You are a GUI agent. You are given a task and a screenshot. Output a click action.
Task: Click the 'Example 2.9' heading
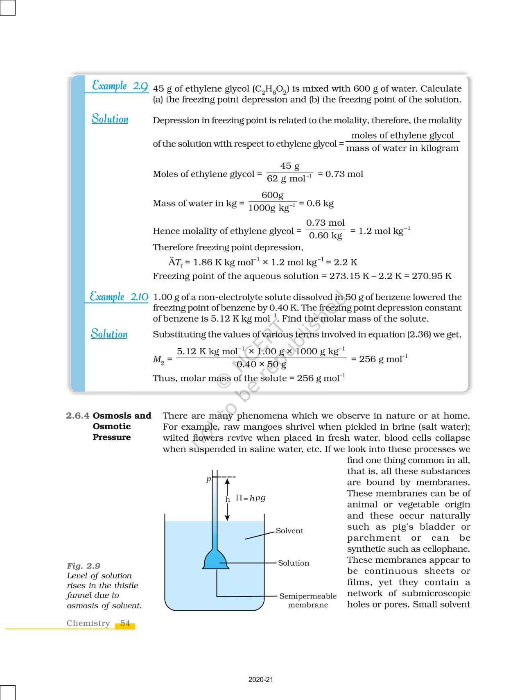(x=120, y=86)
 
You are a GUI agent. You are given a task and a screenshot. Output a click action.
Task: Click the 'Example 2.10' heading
(x=119, y=297)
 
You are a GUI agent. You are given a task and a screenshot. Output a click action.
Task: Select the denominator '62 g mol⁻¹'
(x=289, y=179)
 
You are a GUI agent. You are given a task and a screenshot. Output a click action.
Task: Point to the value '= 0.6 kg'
(x=316, y=203)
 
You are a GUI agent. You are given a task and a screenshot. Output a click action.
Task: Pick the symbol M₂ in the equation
(x=158, y=360)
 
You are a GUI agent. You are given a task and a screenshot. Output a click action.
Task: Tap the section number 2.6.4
(x=77, y=416)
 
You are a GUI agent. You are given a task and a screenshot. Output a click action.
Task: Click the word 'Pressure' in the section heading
(x=112, y=437)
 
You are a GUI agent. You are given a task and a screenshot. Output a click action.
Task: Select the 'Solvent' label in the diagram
(x=289, y=531)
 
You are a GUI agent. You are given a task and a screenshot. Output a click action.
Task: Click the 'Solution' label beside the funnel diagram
(x=294, y=563)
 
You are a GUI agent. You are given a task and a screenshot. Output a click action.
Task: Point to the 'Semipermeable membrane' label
(x=308, y=600)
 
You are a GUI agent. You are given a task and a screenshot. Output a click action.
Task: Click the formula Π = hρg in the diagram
(x=251, y=498)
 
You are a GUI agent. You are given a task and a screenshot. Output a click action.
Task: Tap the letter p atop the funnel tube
(x=208, y=479)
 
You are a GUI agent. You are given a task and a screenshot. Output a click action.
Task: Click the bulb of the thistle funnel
(x=215, y=560)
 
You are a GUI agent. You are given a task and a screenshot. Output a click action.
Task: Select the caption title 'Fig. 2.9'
(x=84, y=566)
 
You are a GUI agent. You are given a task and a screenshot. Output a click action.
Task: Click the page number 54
(x=125, y=623)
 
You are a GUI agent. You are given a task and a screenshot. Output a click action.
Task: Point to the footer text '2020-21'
(x=261, y=680)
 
